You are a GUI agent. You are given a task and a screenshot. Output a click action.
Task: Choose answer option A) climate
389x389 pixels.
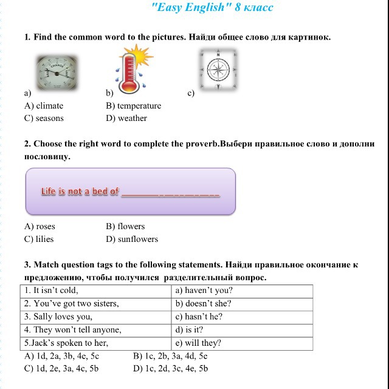pyautogui.click(x=44, y=106)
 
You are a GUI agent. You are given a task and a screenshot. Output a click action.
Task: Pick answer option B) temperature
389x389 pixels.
pyautogui.click(x=133, y=106)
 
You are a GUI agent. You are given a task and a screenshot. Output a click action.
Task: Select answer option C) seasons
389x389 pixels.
pyautogui.click(x=44, y=118)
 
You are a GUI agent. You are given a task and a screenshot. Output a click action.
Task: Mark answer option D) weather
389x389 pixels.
pyautogui.click(x=126, y=118)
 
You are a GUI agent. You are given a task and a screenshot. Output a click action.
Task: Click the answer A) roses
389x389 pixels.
pyautogui.click(x=40, y=227)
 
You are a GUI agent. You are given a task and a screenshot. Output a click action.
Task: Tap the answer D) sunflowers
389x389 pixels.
pyautogui.click(x=132, y=239)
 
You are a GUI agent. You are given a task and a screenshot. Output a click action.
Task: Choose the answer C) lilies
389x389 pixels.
pyautogui.click(x=39, y=239)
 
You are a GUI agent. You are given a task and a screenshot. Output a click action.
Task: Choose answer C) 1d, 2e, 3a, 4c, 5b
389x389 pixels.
pyautogui.click(x=61, y=368)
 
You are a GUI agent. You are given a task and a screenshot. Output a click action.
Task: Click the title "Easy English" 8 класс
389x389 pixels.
pyautogui.click(x=212, y=8)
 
